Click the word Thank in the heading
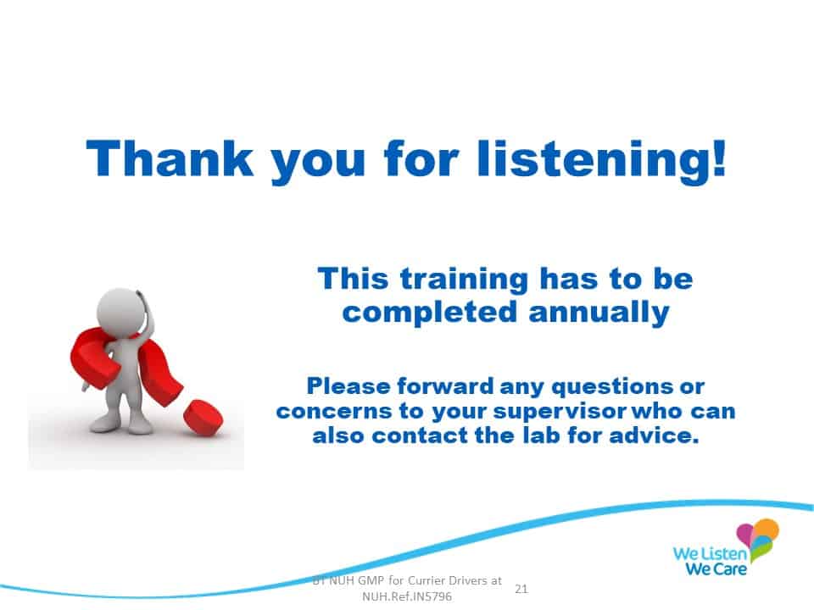coord(170,158)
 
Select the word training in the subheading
coord(464,280)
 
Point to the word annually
coord(599,313)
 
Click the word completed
coord(430,313)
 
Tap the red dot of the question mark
coord(203,416)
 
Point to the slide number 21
coord(521,589)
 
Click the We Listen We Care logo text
coord(711,560)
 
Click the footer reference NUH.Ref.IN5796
coord(407,596)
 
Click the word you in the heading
coord(318,163)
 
